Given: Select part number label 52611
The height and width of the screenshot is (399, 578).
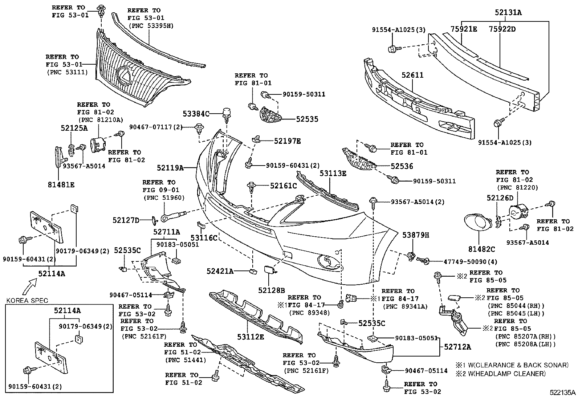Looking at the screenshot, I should (x=412, y=76).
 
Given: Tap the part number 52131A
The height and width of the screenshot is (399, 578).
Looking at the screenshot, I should (x=508, y=13).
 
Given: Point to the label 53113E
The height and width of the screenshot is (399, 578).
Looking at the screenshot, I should (x=333, y=174).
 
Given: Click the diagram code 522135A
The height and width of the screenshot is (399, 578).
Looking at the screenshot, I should (x=562, y=392).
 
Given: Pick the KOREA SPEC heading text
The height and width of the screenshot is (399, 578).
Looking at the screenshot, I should (x=27, y=300).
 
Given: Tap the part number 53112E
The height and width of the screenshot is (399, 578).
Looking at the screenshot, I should (x=251, y=337).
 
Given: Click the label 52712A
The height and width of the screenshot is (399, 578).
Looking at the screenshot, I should (x=457, y=347).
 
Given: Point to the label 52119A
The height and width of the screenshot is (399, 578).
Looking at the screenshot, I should (x=170, y=168).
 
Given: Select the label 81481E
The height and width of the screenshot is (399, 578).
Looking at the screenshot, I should (x=61, y=184).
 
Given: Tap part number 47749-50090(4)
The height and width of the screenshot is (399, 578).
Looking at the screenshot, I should (x=465, y=261).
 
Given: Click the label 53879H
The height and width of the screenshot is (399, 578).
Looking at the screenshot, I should (x=415, y=235).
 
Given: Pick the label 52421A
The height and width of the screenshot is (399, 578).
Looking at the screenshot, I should (x=220, y=271).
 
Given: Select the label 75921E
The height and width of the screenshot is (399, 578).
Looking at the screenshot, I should (x=464, y=29).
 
